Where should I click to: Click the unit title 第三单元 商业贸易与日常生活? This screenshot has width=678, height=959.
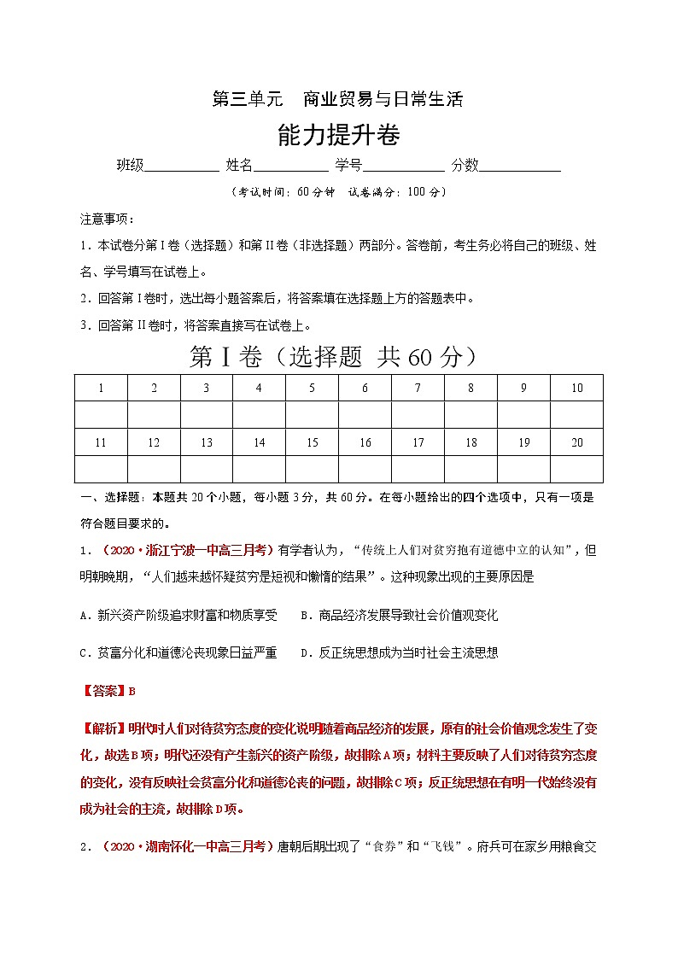point(337,98)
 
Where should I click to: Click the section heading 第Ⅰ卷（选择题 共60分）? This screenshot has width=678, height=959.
point(332,358)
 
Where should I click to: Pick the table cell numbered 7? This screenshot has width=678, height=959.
point(418,388)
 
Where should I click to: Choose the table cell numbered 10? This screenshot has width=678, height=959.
point(576,388)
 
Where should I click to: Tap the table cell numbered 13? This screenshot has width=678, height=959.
point(207,442)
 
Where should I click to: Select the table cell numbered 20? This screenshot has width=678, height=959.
point(576,442)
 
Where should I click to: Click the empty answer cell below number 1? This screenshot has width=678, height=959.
point(101,415)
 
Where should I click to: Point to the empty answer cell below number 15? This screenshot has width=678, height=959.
point(312,469)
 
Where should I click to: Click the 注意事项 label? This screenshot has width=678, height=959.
point(102,219)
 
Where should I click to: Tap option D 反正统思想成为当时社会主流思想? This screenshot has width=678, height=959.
point(400,652)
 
